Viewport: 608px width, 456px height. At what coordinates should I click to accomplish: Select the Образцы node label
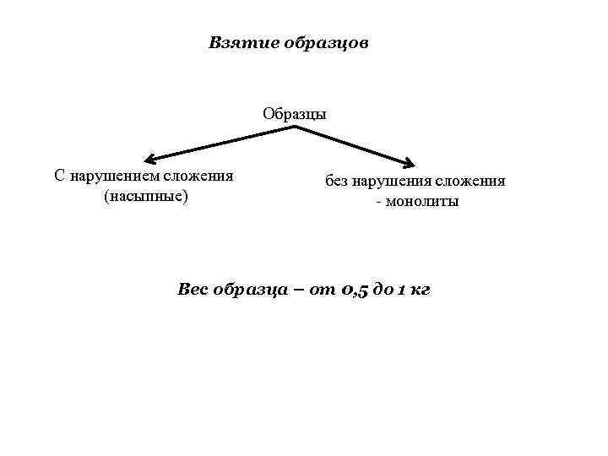pos(294,114)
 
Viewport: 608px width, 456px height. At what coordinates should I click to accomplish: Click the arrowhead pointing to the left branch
pos(149,159)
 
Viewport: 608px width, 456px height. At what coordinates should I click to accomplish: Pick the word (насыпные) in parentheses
pos(144,196)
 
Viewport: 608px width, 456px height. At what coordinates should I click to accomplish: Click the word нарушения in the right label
pos(393,181)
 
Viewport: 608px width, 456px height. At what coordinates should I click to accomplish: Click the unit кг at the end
pos(420,290)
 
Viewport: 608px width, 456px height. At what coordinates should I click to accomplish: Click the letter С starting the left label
pos(58,176)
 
